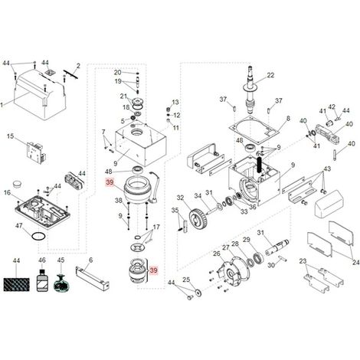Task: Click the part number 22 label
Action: pyautogui.click(x=270, y=75)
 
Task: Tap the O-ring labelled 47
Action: pyautogui.click(x=39, y=236)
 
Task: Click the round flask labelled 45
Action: pyautogui.click(x=61, y=283)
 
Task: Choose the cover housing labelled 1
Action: pyautogui.click(x=39, y=96)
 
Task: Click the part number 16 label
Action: pyautogui.click(x=8, y=192)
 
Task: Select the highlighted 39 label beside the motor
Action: pyautogui.click(x=110, y=182)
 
